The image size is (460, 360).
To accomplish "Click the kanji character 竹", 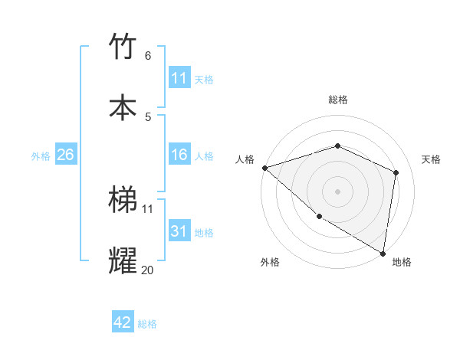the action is pyautogui.click(x=123, y=47).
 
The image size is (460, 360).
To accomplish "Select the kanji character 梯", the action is pyautogui.click(x=123, y=199).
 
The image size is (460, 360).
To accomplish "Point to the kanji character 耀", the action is pyautogui.click(x=123, y=260).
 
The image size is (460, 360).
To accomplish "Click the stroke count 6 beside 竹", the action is pyautogui.click(x=147, y=55).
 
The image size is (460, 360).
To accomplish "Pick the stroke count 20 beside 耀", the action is pyautogui.click(x=147, y=270).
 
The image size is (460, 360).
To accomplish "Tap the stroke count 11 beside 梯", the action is pyautogui.click(x=147, y=208).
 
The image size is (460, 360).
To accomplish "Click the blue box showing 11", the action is pyautogui.click(x=179, y=78).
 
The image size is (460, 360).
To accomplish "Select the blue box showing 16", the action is pyautogui.click(x=179, y=155).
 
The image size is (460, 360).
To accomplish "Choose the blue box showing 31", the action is pyautogui.click(x=179, y=231).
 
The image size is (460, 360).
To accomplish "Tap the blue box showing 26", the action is pyautogui.click(x=65, y=155).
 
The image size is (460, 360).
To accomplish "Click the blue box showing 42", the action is pyautogui.click(x=123, y=322).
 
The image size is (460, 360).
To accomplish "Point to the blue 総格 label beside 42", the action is pyautogui.click(x=147, y=324).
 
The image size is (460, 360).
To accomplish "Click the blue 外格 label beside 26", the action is pyautogui.click(x=41, y=156).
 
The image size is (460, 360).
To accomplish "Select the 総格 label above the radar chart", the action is pyautogui.click(x=337, y=100).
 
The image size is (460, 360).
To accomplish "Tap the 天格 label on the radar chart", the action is pyautogui.click(x=431, y=159).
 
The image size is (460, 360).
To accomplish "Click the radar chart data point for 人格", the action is pyautogui.click(x=264, y=168).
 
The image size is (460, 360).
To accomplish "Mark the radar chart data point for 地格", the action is pyautogui.click(x=383, y=253).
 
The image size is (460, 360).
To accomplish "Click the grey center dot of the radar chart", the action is pyautogui.click(x=337, y=191).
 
